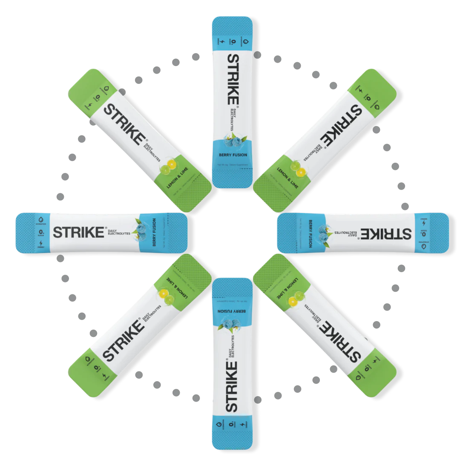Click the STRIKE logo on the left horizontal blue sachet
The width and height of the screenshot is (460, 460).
point(78,233)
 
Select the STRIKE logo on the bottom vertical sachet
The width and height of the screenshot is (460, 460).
point(231,386)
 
